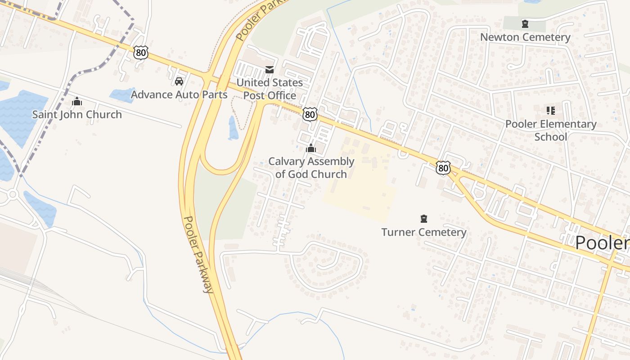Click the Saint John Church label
point(77,114)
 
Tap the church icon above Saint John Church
point(77,101)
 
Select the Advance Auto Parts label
point(179,94)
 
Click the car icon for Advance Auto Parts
point(179,81)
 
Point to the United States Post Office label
point(270,89)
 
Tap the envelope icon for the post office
point(270,69)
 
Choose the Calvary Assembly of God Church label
point(311,168)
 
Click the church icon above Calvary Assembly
point(311,148)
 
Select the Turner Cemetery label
point(423,232)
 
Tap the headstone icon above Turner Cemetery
point(423,219)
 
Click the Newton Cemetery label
point(525,37)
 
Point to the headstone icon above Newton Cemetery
point(525,24)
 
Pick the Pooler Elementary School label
point(551,130)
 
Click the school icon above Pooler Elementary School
point(551,110)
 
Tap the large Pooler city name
point(602,243)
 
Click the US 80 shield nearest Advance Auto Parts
point(141,53)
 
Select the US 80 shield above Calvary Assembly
point(310,114)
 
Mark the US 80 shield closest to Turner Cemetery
point(443,168)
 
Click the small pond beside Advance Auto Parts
point(121,95)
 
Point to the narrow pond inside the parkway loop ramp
point(233,128)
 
